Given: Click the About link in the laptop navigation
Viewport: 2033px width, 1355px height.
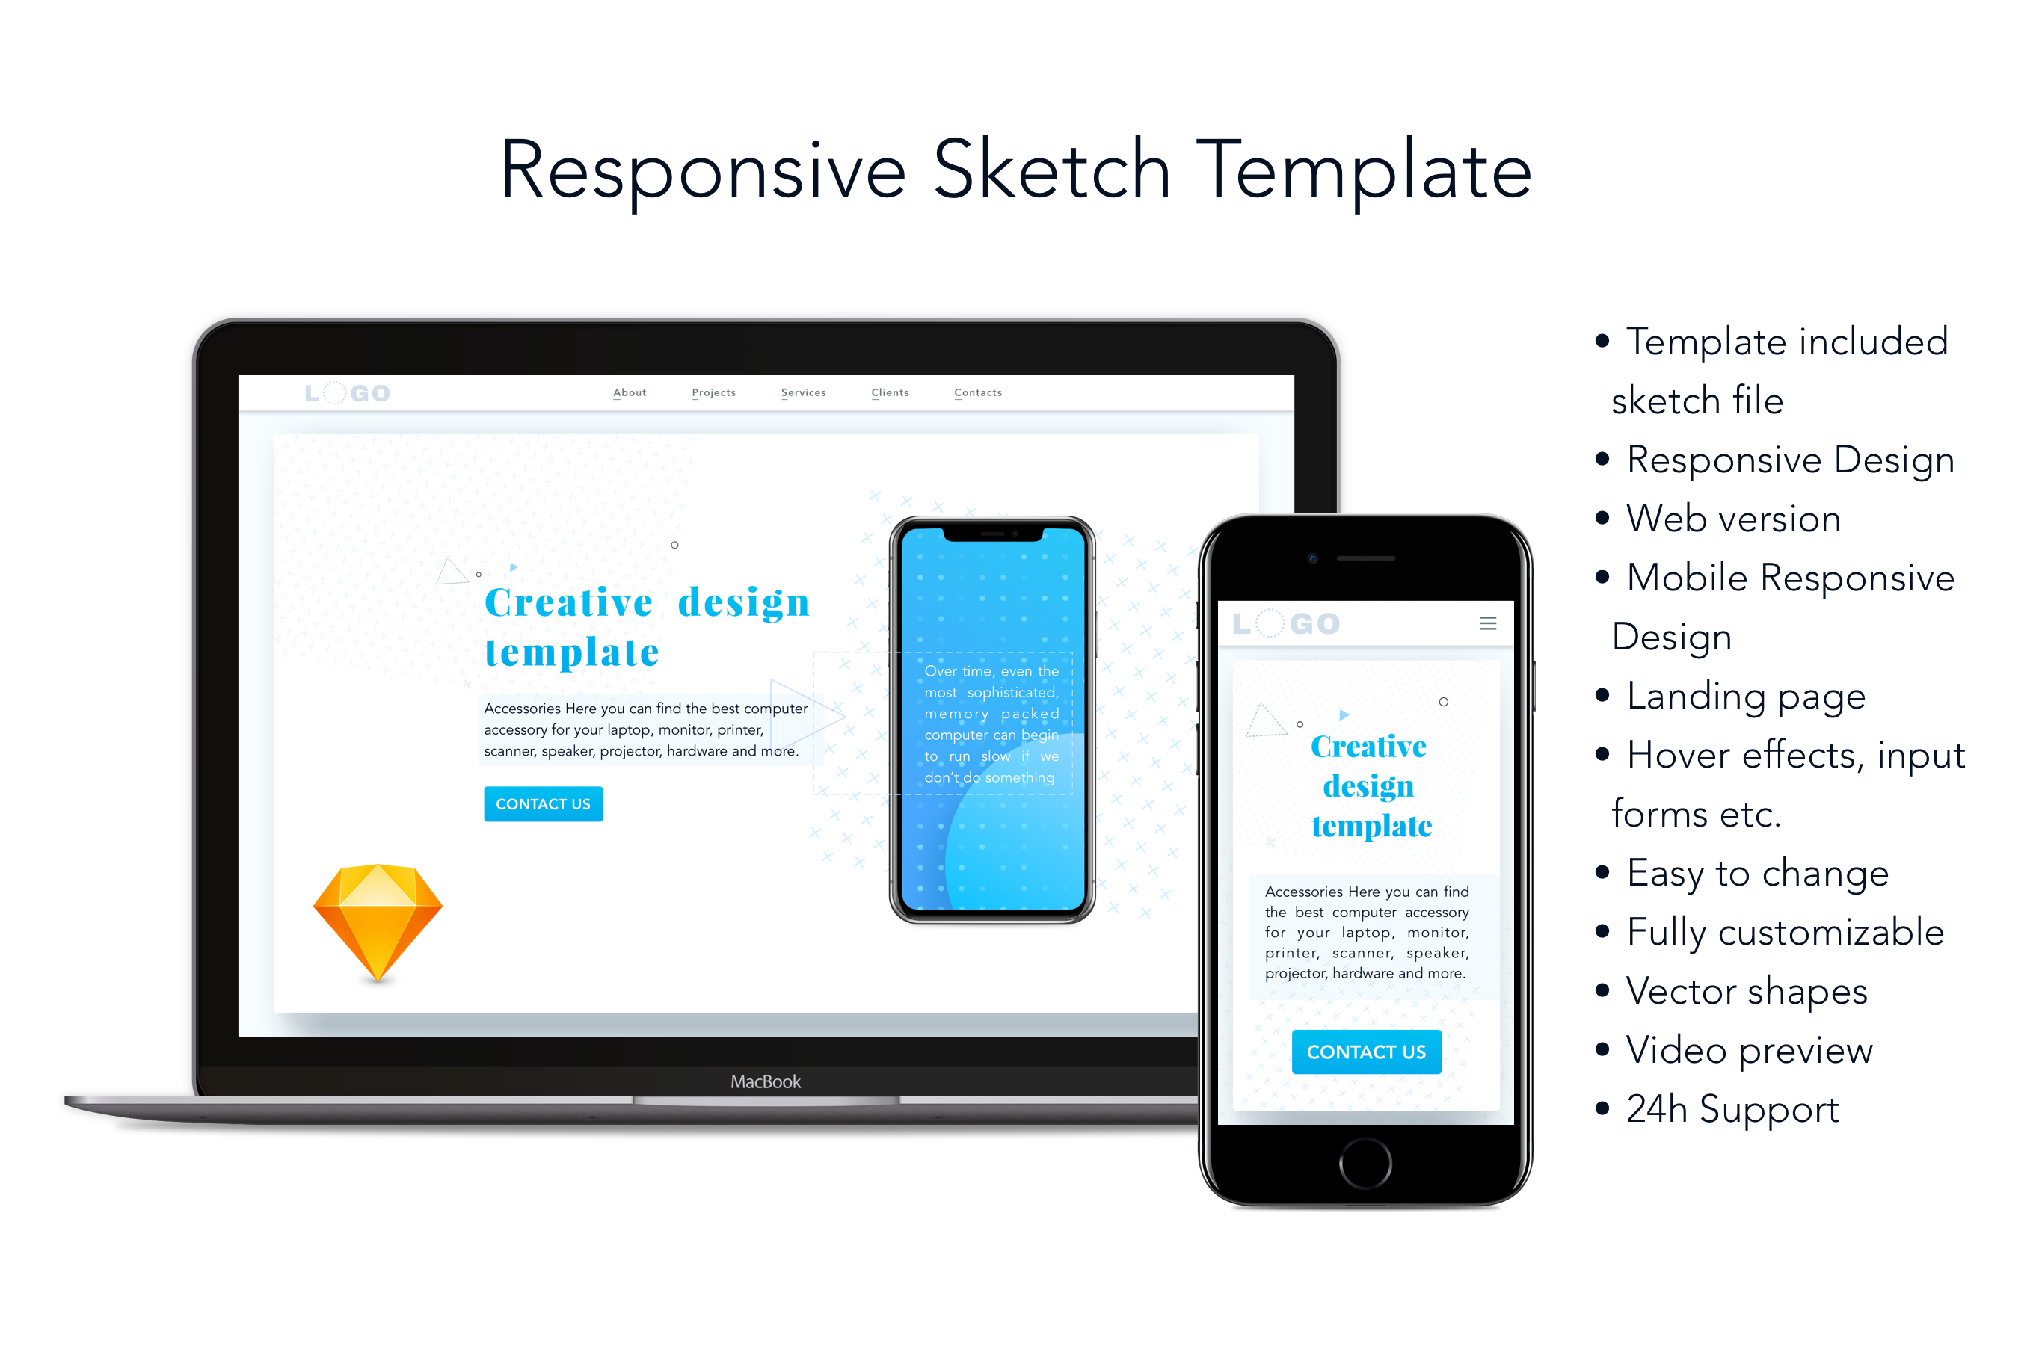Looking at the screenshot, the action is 630,392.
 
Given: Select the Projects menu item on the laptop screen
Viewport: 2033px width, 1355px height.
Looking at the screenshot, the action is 713,392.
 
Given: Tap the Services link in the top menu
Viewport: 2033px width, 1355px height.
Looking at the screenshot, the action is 803,392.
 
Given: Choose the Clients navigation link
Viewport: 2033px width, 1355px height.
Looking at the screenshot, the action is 890,392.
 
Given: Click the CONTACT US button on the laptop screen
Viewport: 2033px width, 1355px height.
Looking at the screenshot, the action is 543,803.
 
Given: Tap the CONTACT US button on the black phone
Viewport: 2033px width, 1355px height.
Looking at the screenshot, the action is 1366,1052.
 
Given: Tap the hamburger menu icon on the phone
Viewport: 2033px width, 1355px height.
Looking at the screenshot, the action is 1488,623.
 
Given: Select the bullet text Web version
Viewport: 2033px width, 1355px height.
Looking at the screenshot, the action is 1733,519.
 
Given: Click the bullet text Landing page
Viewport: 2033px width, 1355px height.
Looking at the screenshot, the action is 1746,697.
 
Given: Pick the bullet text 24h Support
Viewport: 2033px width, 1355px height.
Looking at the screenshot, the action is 1732,1110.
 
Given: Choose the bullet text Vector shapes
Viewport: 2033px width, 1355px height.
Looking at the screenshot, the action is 1747,991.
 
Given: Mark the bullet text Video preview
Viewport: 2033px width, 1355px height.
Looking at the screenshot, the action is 1750,1050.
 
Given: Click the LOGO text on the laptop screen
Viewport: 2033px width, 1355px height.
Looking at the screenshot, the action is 348,393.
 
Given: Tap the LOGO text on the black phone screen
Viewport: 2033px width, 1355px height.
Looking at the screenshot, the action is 1285,623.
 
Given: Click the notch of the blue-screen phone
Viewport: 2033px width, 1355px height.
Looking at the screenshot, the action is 992,533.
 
